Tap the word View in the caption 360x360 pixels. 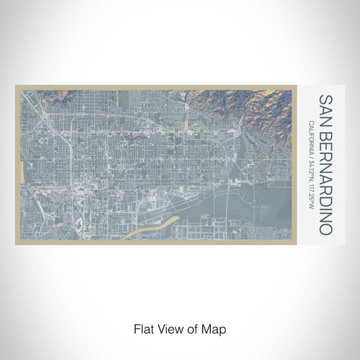169,328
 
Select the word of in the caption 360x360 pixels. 191,328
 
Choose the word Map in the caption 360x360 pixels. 212,328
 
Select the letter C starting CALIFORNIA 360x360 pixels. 311,122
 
